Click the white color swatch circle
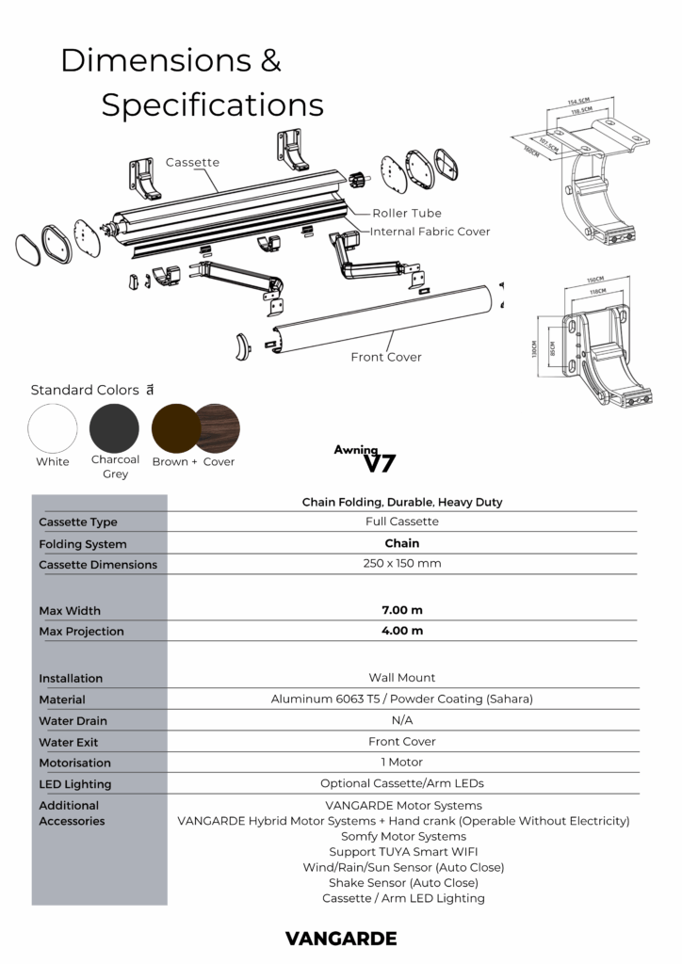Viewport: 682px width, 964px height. pyautogui.click(x=53, y=427)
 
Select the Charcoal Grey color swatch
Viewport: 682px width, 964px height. pyautogui.click(x=114, y=427)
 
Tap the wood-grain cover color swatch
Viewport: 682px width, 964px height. pyautogui.click(x=219, y=427)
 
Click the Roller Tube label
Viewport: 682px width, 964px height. pyautogui.click(x=406, y=213)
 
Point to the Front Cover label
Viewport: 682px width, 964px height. pyautogui.click(x=386, y=357)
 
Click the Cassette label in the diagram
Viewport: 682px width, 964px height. pyautogui.click(x=192, y=162)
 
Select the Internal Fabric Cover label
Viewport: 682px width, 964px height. pyautogui.click(x=430, y=232)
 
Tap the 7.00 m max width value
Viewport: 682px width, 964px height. pyautogui.click(x=401, y=610)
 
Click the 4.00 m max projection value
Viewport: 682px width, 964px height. pyautogui.click(x=401, y=631)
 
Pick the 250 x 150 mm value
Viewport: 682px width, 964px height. pyautogui.click(x=401, y=564)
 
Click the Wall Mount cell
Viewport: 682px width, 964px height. pyautogui.click(x=401, y=678)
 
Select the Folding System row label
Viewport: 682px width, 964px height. pyautogui.click(x=83, y=544)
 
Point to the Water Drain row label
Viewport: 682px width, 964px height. pyautogui.click(x=73, y=720)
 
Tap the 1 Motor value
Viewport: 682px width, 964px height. pyautogui.click(x=401, y=763)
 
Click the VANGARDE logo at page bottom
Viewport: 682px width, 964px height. pyautogui.click(x=341, y=938)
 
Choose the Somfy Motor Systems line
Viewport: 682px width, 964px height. pyautogui.click(x=402, y=836)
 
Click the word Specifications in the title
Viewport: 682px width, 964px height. pyautogui.click(x=212, y=105)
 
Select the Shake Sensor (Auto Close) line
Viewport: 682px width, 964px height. pyautogui.click(x=402, y=883)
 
